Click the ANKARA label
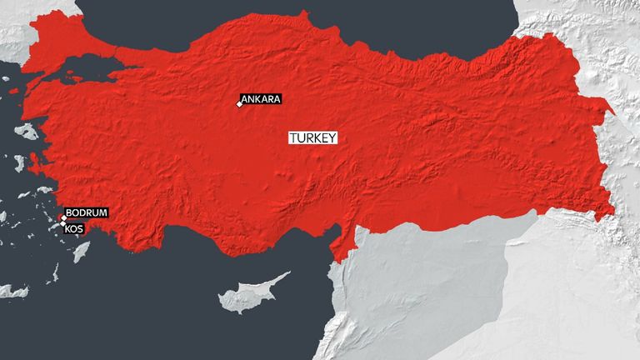(262, 99)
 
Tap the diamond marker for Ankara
(239, 104)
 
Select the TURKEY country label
(312, 139)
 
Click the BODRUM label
(87, 213)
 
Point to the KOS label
(75, 227)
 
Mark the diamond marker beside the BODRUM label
(63, 218)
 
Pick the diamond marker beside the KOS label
(63, 224)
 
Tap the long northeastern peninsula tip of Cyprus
(287, 273)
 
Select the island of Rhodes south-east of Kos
(81, 251)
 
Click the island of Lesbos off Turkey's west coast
(27, 132)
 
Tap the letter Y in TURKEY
(332, 139)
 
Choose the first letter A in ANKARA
(245, 99)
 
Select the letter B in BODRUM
(69, 213)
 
